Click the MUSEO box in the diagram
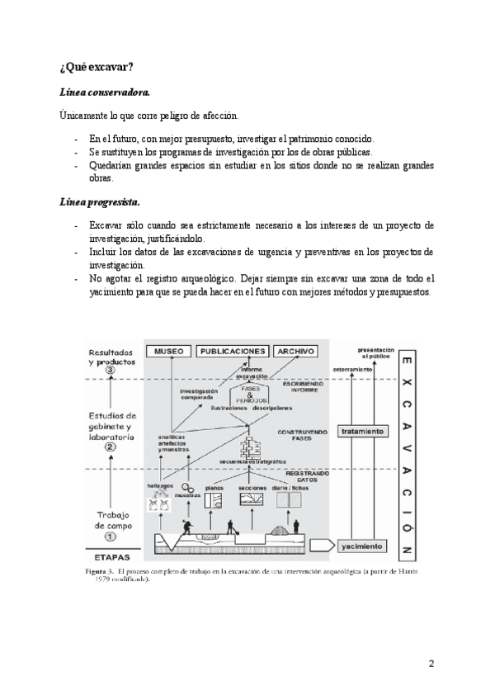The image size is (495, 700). [x=167, y=351]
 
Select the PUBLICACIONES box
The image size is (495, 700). [x=233, y=351]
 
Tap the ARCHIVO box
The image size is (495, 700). [x=296, y=351]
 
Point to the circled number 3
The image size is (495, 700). [x=110, y=371]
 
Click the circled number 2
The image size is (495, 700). [x=110, y=447]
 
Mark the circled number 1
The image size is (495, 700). [x=110, y=535]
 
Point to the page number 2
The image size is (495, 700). [x=431, y=663]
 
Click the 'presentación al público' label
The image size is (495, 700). [x=375, y=352]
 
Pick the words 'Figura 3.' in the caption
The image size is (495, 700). [x=103, y=571]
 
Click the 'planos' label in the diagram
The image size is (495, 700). [x=214, y=488]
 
